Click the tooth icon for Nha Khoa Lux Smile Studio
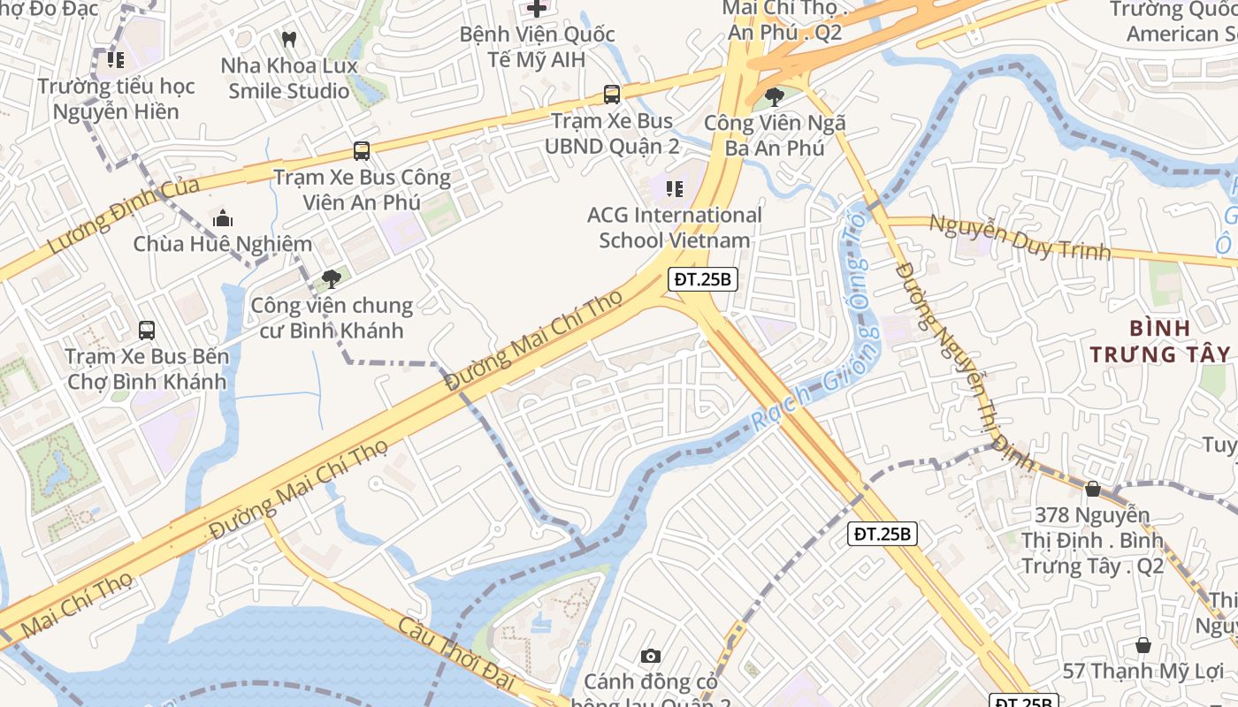point(288,39)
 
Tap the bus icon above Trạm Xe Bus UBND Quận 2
point(611,94)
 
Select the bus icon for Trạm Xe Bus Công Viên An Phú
point(361,150)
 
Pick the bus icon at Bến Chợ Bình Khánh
point(147,331)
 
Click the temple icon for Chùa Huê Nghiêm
point(222,217)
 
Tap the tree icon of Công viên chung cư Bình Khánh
point(332,279)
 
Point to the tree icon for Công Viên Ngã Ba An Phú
point(775,96)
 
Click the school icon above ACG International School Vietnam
point(675,188)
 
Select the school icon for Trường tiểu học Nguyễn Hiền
point(116,60)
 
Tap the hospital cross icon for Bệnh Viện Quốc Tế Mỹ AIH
point(537,9)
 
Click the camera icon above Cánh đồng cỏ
point(651,656)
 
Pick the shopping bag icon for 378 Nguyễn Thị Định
point(1093,489)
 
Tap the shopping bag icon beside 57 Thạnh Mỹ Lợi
point(1143,645)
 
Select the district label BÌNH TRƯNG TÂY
point(1159,341)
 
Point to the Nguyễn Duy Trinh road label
point(1019,237)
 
